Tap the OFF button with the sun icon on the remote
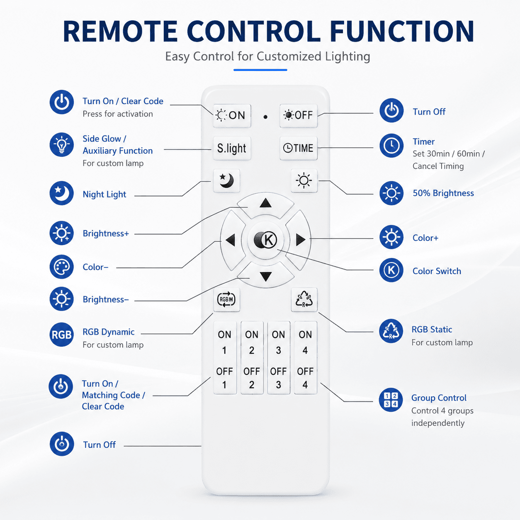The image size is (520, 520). (x=299, y=116)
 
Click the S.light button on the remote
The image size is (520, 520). (x=232, y=148)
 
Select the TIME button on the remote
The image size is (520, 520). (x=299, y=148)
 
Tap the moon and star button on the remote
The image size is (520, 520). (x=226, y=180)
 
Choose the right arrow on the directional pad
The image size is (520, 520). (x=300, y=240)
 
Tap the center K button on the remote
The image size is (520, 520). (x=265, y=240)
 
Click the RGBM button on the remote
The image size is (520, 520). (x=226, y=299)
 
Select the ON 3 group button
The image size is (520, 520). (x=279, y=343)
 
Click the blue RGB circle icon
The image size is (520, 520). (x=61, y=335)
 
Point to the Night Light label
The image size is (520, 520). (x=104, y=194)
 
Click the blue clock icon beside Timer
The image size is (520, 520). (x=391, y=146)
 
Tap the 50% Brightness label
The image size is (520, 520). (x=443, y=193)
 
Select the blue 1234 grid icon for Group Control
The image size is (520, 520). (x=391, y=400)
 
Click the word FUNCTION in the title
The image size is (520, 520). (x=402, y=31)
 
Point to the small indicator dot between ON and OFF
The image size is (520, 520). (x=265, y=117)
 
